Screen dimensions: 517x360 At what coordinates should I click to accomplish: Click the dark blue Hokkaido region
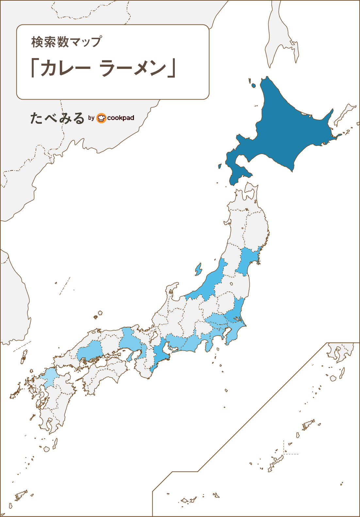[284, 131]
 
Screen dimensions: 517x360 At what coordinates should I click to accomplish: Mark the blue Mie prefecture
[160, 356]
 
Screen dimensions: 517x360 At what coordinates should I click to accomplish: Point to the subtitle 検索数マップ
[66, 42]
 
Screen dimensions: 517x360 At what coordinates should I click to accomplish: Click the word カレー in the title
[65, 68]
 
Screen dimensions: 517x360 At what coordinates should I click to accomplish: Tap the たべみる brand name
[57, 118]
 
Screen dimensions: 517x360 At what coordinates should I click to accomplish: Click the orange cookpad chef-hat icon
[102, 118]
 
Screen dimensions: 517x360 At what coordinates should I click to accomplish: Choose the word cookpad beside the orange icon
[121, 118]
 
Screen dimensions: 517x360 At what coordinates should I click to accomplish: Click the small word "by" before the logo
[91, 118]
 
